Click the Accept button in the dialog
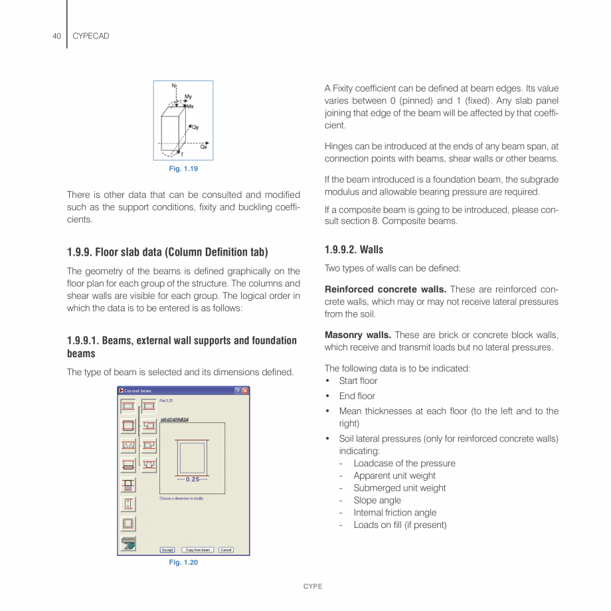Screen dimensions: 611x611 point(167,550)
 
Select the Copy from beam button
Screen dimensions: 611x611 point(197,550)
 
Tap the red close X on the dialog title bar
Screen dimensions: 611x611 point(245,391)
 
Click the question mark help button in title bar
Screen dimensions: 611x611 point(237,391)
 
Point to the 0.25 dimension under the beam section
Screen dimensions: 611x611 point(193,479)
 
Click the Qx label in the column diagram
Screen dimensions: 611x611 point(203,147)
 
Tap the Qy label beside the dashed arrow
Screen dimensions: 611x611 point(196,127)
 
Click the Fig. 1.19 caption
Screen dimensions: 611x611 point(183,169)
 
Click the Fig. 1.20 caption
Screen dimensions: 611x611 point(183,563)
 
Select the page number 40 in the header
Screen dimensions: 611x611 point(56,36)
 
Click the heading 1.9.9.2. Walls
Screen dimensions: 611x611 point(353,250)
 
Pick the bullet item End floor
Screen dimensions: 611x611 point(357,396)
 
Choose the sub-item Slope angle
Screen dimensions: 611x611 point(377,500)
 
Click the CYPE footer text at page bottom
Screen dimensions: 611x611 point(312,586)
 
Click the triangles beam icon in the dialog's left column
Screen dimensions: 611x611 point(128,446)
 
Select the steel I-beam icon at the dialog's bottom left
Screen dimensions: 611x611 point(128,544)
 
